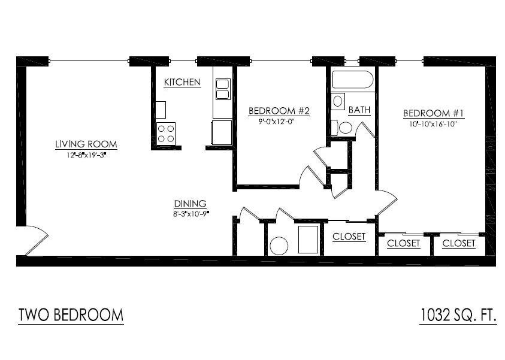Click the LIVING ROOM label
[86, 144]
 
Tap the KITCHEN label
[182, 83]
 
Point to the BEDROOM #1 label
[434, 113]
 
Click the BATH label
[359, 110]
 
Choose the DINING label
[190, 203]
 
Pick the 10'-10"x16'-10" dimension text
[434, 123]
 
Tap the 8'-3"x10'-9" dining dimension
[190, 213]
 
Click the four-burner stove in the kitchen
[166, 132]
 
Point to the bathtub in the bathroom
[353, 80]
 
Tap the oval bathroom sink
[338, 101]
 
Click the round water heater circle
[279, 246]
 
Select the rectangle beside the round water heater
[309, 240]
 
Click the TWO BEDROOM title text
[71, 315]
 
